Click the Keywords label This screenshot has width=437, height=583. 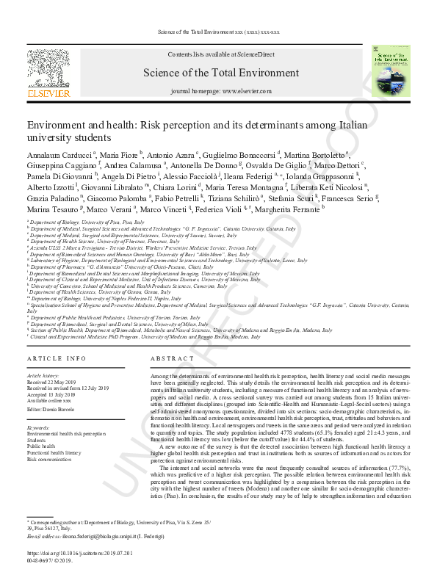click(38, 427)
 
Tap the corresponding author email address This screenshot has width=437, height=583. click(105, 536)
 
